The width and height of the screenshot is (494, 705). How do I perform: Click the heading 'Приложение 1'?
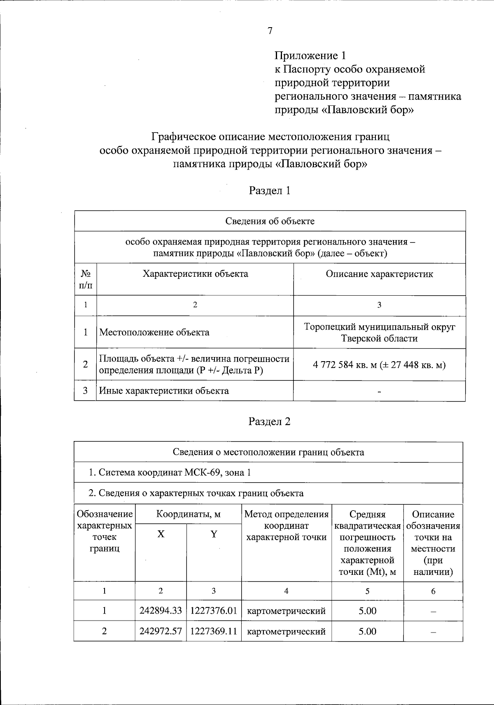pyautogui.click(x=311, y=56)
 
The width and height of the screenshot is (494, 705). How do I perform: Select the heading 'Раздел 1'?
pyautogui.click(x=270, y=191)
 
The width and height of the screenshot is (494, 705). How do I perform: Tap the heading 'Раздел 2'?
pyautogui.click(x=270, y=422)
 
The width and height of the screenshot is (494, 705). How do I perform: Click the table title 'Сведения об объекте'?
pyautogui.click(x=270, y=221)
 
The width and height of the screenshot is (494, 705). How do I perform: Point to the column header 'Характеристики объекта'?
pyautogui.click(x=195, y=274)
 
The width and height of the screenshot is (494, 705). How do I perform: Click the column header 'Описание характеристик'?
pyautogui.click(x=379, y=274)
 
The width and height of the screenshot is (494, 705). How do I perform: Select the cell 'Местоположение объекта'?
pyautogui.click(x=154, y=332)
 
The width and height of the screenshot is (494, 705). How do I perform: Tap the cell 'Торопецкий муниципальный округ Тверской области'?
pyautogui.click(x=379, y=333)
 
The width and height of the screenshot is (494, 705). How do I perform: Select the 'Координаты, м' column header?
pyautogui.click(x=188, y=514)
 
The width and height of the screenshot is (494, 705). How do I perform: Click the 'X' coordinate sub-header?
pyautogui.click(x=161, y=535)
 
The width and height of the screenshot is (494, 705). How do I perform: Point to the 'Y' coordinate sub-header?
pyautogui.click(x=214, y=535)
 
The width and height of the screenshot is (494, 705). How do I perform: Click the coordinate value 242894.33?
pyautogui.click(x=161, y=611)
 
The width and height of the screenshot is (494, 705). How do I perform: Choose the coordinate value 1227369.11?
pyautogui.click(x=214, y=631)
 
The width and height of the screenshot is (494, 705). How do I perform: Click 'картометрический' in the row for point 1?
pyautogui.click(x=286, y=611)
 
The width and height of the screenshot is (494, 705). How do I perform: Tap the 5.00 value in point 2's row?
pyautogui.click(x=367, y=631)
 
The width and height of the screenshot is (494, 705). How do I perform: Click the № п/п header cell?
pyautogui.click(x=86, y=279)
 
